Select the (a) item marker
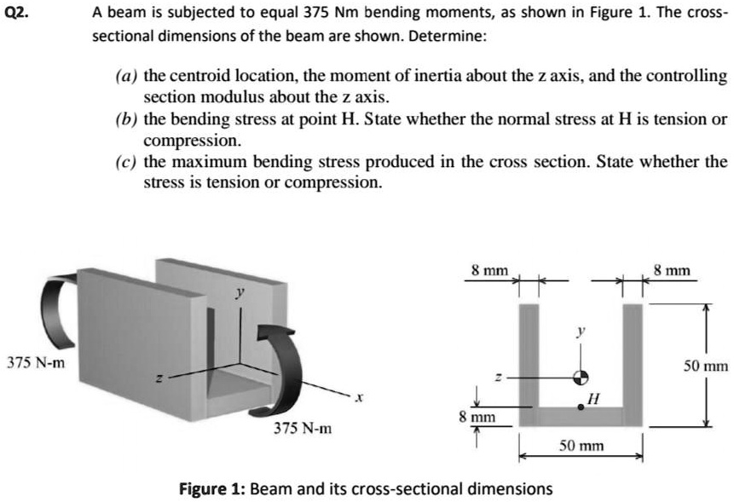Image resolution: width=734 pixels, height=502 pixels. [x=125, y=76]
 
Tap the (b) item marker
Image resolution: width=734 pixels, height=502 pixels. [x=125, y=119]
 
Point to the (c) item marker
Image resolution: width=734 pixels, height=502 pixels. [x=125, y=162]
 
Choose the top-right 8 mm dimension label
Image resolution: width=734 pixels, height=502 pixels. [x=673, y=270]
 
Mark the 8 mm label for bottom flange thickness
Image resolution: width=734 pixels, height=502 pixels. [x=477, y=418]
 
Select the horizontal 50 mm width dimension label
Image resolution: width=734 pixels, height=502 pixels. [x=581, y=445]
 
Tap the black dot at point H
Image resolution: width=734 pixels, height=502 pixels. [x=581, y=407]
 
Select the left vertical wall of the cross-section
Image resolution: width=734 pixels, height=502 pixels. [x=529, y=358]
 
